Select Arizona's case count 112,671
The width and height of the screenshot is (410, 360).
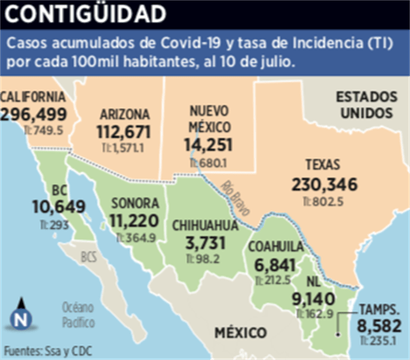click(x=124, y=131)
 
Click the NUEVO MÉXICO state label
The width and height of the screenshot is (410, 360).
click(x=208, y=118)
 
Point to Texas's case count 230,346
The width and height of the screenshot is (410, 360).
click(x=324, y=185)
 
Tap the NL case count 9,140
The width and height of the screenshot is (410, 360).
click(x=315, y=299)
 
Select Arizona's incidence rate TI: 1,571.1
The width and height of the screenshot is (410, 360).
click(x=124, y=148)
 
